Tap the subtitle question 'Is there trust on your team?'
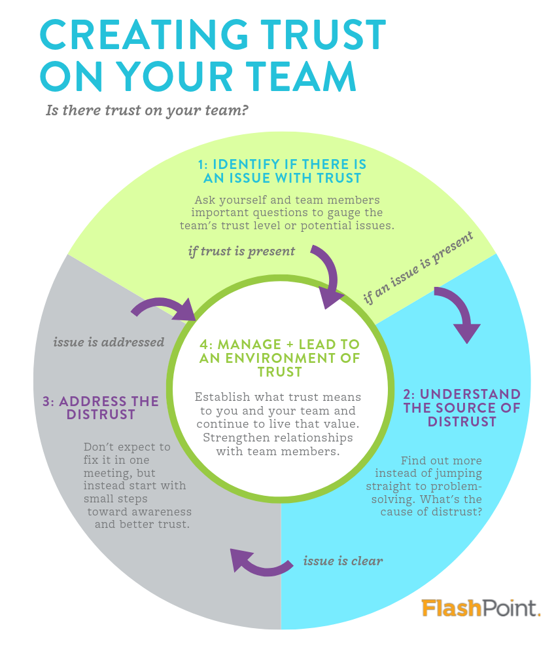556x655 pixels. coord(147,110)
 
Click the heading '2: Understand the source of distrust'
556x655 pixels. coord(462,408)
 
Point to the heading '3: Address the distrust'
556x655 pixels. coord(101,407)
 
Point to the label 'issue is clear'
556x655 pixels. coord(343,561)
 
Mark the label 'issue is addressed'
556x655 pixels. coord(109,342)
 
